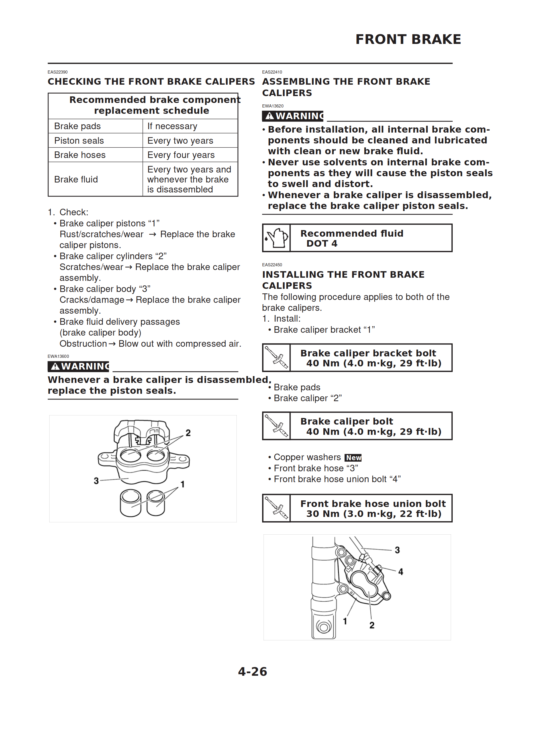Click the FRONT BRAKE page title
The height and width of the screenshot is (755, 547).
pyautogui.click(x=408, y=39)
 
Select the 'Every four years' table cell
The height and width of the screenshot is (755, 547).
pyautogui.click(x=181, y=155)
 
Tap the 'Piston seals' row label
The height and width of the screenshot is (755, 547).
pyautogui.click(x=79, y=141)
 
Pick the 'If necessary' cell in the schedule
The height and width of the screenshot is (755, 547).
pyautogui.click(x=172, y=126)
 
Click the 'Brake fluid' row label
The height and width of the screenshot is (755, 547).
pyautogui.click(x=76, y=179)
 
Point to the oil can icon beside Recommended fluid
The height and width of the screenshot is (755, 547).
pyautogui.click(x=276, y=238)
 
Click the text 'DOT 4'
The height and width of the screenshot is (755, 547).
pyautogui.click(x=321, y=244)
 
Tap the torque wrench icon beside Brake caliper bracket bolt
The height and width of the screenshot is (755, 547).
pyautogui.click(x=276, y=358)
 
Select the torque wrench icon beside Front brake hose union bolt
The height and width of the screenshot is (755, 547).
pyautogui.click(x=276, y=508)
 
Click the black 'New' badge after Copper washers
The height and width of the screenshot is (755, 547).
pyautogui.click(x=353, y=458)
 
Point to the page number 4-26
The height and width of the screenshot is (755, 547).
pyautogui.click(x=252, y=671)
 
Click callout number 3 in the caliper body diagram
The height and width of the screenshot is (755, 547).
pyautogui.click(x=96, y=481)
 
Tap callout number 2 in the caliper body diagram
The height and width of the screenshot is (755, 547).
pyautogui.click(x=188, y=433)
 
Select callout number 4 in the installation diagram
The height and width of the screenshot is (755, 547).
pyautogui.click(x=401, y=572)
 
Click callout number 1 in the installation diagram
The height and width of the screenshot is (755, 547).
pyautogui.click(x=345, y=621)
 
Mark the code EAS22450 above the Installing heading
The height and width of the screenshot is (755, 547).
pyautogui.click(x=272, y=265)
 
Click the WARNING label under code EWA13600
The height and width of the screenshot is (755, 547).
pyautogui.click(x=79, y=366)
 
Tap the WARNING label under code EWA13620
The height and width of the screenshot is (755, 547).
pyautogui.click(x=293, y=116)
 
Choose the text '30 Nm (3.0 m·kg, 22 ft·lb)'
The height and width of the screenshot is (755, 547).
pyautogui.click(x=374, y=514)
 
